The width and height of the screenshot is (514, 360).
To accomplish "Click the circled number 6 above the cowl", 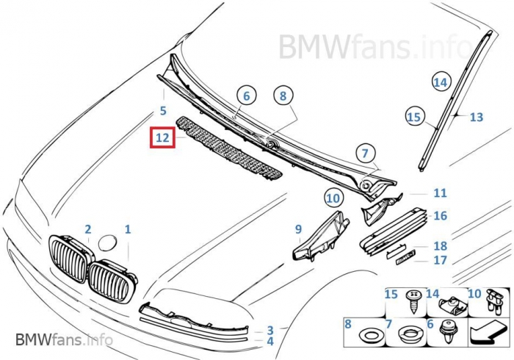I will click(x=246, y=96).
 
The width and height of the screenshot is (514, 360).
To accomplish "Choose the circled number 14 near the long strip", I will click(x=440, y=82).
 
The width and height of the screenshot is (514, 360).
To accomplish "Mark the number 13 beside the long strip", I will click(x=477, y=117).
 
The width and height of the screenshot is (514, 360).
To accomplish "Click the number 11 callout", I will click(x=440, y=193).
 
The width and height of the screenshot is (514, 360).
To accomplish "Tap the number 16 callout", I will click(x=440, y=215).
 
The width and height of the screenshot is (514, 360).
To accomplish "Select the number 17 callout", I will click(x=440, y=260).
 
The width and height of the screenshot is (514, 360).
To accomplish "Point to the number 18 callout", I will click(x=440, y=246).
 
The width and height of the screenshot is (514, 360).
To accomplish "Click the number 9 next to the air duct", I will click(x=299, y=229).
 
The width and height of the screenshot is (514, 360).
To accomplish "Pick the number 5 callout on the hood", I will click(x=163, y=112).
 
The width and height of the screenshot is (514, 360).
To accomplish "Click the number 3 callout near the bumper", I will click(x=270, y=331).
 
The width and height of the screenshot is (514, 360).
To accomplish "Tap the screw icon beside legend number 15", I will click(x=412, y=299).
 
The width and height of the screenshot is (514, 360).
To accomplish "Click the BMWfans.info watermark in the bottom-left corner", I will click(x=64, y=339).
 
